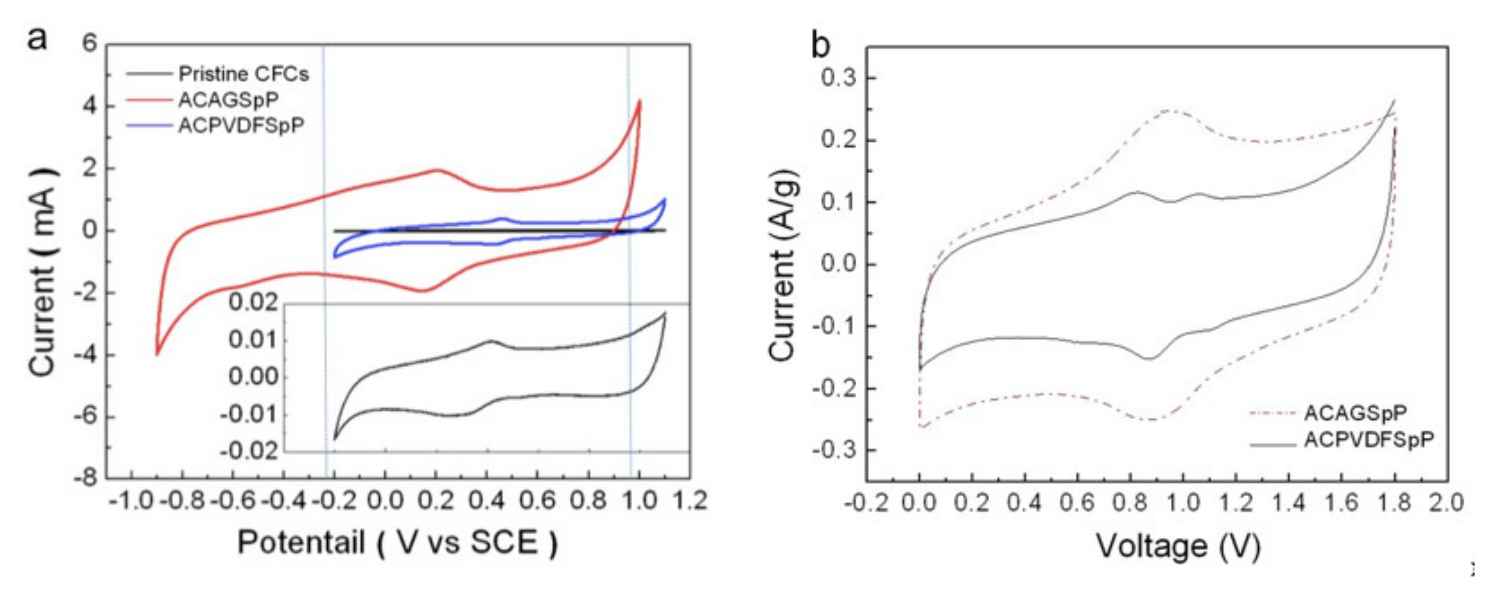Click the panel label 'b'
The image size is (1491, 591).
pyautogui.click(x=820, y=45)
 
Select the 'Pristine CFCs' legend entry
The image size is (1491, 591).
pyautogui.click(x=243, y=74)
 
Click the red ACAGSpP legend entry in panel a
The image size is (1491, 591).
pyautogui.click(x=228, y=100)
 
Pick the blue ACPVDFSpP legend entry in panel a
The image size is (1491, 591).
pyautogui.click(x=241, y=125)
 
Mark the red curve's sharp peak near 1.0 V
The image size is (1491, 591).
pyautogui.click(x=639, y=101)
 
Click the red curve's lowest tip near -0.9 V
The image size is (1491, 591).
pyautogui.click(x=157, y=354)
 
